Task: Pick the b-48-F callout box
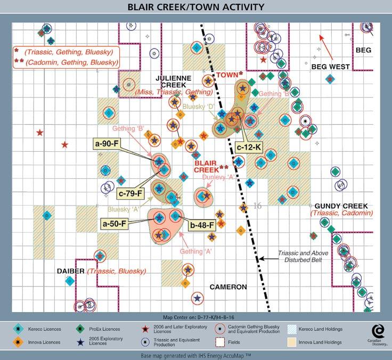tap(202, 224)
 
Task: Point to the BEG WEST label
tap(330, 67)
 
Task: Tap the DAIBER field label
tap(71, 271)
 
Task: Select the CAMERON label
tap(228, 287)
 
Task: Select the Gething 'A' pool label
tap(196, 250)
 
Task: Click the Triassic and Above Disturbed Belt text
tap(303, 257)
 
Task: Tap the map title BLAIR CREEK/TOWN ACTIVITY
tap(195, 8)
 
